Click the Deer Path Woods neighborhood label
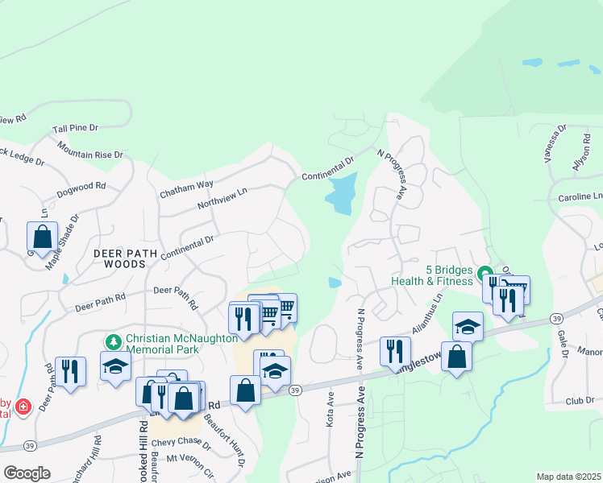(119, 258)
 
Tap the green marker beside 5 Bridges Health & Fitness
(484, 271)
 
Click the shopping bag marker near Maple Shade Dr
(42, 236)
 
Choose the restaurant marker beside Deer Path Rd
(70, 371)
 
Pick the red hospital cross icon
(23, 404)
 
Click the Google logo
(27, 473)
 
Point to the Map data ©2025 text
(568, 477)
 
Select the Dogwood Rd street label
(81, 190)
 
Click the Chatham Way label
(186, 188)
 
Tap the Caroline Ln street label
(580, 197)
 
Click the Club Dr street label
(579, 400)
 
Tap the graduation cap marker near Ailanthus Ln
(467, 326)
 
